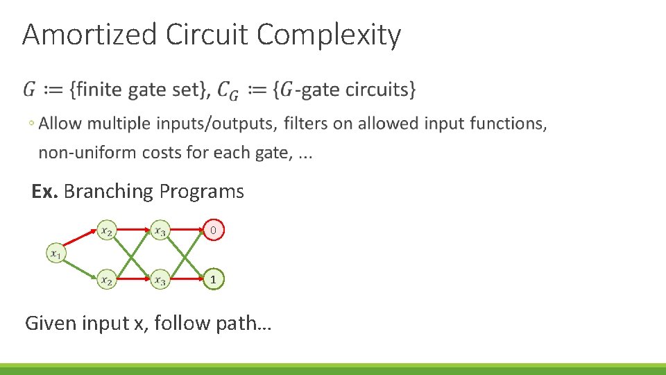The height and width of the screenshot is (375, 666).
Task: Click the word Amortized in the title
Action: [x=89, y=35]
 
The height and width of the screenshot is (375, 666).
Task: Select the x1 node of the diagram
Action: [x=56, y=253]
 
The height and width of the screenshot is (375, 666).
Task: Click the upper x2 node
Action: [x=105, y=231]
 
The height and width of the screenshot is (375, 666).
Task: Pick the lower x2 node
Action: [x=105, y=280]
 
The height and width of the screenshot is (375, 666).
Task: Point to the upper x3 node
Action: [x=160, y=231]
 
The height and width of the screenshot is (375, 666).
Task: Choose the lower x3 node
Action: [x=160, y=280]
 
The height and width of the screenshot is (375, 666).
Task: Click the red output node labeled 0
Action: [x=214, y=230]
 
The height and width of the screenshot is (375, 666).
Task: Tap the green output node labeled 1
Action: [x=214, y=280]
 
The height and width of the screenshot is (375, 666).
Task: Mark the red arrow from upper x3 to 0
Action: [x=187, y=230]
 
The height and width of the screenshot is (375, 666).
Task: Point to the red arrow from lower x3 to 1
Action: [x=187, y=280]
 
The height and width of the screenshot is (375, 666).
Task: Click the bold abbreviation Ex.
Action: [x=44, y=191]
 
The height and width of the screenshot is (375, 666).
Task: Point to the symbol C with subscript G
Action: [x=228, y=90]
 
